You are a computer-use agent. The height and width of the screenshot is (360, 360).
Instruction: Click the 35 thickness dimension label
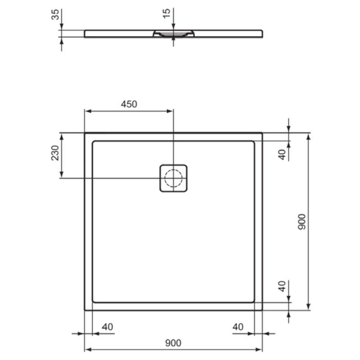coord(55,14)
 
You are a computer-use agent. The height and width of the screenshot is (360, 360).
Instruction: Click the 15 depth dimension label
coord(166,13)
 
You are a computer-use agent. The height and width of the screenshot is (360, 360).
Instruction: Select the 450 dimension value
coord(129,104)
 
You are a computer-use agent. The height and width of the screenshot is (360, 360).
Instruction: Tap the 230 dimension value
coord(55,153)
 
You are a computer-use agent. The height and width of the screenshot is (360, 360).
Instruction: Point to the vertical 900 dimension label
coord(302,222)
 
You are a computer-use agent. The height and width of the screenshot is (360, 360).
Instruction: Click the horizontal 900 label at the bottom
coord(173,343)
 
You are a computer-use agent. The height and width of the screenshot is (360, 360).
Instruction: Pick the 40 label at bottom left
coord(107,327)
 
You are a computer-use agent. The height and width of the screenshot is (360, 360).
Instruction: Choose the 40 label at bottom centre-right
coord(238,327)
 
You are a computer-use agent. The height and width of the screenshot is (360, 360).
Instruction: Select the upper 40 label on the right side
coord(282,155)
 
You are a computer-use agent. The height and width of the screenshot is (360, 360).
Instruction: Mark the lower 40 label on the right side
coord(282,286)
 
